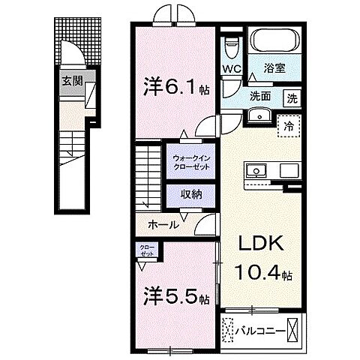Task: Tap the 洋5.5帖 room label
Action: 174,297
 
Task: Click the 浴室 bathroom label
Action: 273,67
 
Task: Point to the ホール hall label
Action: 163,224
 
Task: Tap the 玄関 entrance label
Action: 71,81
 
